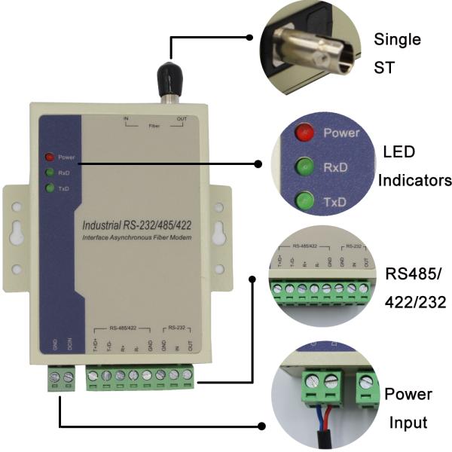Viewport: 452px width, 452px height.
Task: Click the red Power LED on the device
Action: point(50,157)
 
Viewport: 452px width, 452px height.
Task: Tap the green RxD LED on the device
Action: point(50,173)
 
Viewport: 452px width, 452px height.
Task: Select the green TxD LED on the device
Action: point(50,188)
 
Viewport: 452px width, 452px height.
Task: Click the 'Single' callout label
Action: point(397,39)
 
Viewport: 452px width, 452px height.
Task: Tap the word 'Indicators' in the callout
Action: point(414,180)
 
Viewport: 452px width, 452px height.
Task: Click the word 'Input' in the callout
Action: point(408,422)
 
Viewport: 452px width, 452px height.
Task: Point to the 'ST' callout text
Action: point(384,68)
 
